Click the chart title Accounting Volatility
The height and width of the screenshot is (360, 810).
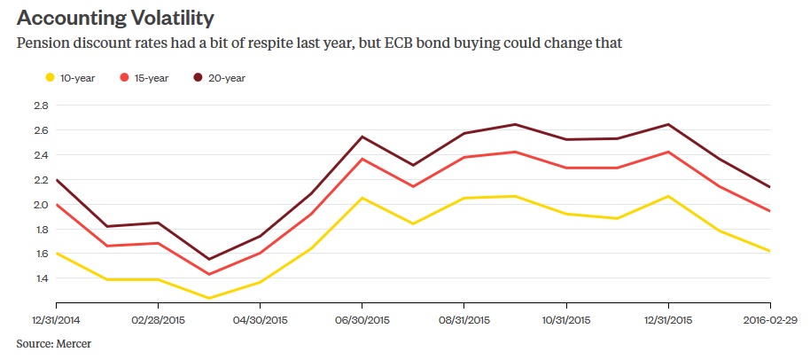click(116, 17)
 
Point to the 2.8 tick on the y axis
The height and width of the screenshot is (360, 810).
click(39, 105)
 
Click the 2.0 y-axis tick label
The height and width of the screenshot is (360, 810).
click(39, 204)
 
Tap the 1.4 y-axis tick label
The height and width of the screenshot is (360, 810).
click(39, 278)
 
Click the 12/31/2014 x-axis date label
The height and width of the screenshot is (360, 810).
click(56, 319)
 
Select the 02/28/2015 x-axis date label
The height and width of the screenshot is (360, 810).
click(158, 319)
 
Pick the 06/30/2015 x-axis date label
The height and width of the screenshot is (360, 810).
click(362, 319)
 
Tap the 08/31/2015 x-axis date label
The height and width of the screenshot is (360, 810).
click(463, 319)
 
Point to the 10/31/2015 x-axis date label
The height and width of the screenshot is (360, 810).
click(565, 319)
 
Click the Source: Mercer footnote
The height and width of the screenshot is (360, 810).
click(53, 342)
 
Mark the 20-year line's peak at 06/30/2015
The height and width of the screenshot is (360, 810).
click(362, 137)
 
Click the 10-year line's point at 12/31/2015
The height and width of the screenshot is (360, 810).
click(667, 196)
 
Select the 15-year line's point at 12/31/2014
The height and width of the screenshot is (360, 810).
click(56, 205)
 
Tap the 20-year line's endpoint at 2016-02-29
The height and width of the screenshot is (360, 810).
click(769, 187)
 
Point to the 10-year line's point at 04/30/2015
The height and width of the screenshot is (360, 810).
click(260, 282)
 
